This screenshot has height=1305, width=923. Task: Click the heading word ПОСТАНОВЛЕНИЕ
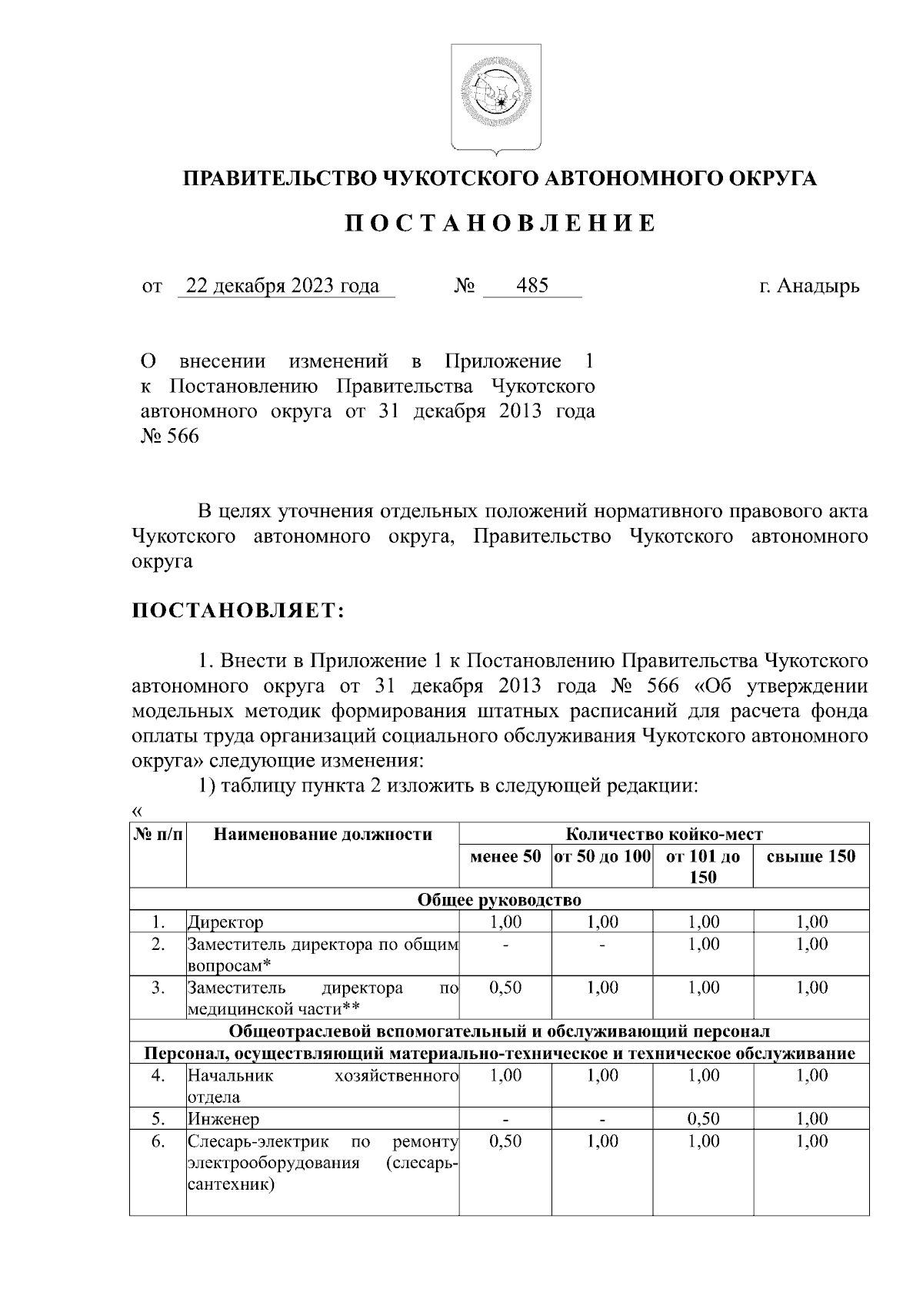(x=499, y=224)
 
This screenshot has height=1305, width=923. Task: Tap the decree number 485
(x=532, y=287)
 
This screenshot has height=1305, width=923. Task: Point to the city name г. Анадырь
(x=809, y=287)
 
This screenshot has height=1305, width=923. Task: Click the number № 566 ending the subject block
(x=170, y=437)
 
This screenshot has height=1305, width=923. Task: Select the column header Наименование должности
(x=322, y=835)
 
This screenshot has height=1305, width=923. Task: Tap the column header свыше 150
(x=811, y=856)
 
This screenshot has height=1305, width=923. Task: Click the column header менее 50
(x=505, y=856)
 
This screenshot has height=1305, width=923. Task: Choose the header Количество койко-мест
(x=664, y=835)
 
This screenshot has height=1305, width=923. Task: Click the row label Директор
(x=225, y=922)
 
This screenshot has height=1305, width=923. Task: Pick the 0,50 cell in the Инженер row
(x=703, y=1119)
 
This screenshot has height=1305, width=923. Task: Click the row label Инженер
(x=224, y=1119)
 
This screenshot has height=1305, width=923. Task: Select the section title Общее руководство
(x=499, y=900)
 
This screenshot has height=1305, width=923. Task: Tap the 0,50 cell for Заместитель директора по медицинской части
(x=505, y=988)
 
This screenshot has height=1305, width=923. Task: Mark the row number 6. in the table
(x=158, y=1141)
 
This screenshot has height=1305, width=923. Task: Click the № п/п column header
(x=158, y=835)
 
